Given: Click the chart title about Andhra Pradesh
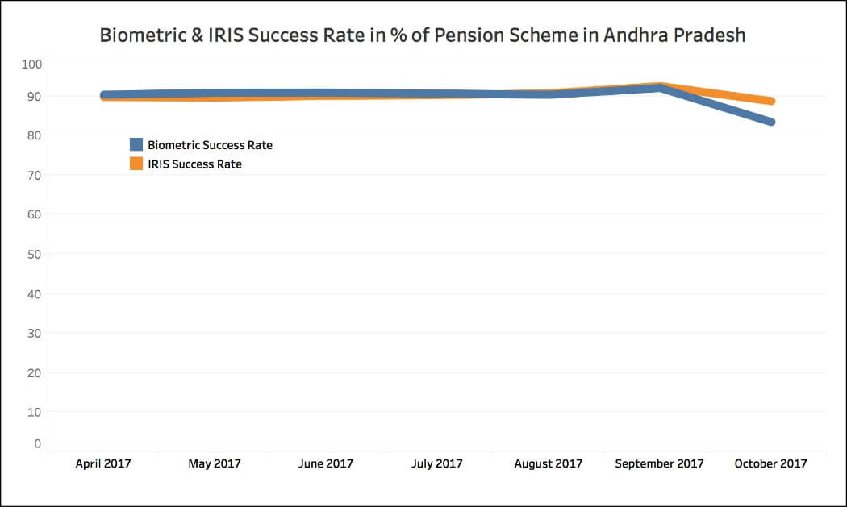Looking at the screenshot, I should (x=423, y=36).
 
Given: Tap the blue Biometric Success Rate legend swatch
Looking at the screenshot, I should (x=136, y=145).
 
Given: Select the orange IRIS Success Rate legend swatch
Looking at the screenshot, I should (x=136, y=164).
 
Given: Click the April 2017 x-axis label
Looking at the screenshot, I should (x=103, y=463).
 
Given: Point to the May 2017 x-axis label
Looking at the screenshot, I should (x=215, y=463).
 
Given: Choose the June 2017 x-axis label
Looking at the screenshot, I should (x=326, y=463).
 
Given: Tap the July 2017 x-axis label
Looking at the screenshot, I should (x=437, y=463).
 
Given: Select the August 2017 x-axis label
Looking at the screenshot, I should (x=549, y=463).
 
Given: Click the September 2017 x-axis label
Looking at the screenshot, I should (x=659, y=463).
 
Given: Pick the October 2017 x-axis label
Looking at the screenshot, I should (x=770, y=463).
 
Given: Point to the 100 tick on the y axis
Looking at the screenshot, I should (x=33, y=64).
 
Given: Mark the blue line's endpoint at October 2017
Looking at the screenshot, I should (x=771, y=122).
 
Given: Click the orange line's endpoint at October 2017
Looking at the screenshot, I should (x=771, y=101).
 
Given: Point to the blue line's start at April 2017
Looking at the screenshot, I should (x=104, y=95).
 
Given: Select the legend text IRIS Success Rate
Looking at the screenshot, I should (x=195, y=164).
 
